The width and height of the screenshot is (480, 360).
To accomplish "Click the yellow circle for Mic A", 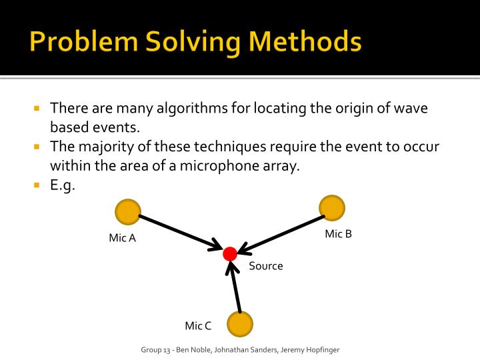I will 127,213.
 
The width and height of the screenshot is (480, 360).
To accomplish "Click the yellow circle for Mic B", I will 332,207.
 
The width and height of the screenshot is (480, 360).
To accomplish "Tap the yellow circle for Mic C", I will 239,325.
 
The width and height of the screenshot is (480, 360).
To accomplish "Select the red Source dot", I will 230,253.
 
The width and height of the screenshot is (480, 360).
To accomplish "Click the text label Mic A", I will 122,238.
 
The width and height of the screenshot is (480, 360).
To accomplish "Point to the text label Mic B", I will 338,233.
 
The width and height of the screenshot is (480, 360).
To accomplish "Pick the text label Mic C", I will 198,325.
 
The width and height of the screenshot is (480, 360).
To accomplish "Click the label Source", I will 266,266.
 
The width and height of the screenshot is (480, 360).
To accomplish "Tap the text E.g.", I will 63,186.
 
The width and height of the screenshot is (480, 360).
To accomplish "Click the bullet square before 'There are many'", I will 38,108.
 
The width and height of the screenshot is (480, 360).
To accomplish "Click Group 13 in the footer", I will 157,350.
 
